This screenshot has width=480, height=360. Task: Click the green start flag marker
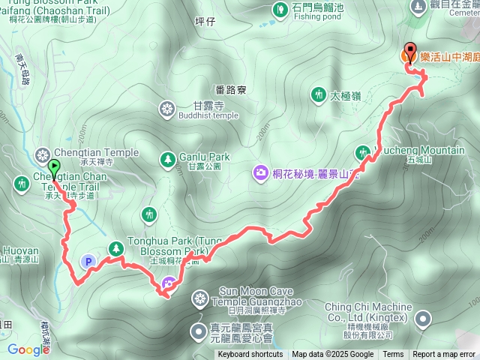[54, 167]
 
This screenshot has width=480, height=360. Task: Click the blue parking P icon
[88, 262]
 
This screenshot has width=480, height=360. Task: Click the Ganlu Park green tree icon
[166, 159]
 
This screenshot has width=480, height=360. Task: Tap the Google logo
[28, 349]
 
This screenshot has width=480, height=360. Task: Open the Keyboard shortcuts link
[250, 355]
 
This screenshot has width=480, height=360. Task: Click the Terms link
[393, 355]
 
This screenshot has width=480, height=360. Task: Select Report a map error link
[444, 355]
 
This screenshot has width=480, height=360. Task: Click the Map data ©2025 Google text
[332, 355]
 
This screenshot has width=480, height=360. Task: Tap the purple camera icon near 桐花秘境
[260, 172]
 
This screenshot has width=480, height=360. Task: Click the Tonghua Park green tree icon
[115, 247]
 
